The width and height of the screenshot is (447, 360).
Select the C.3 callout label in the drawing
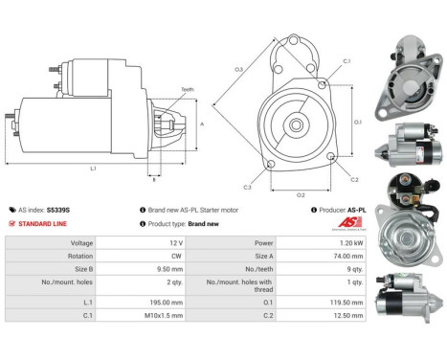click(247, 187)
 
